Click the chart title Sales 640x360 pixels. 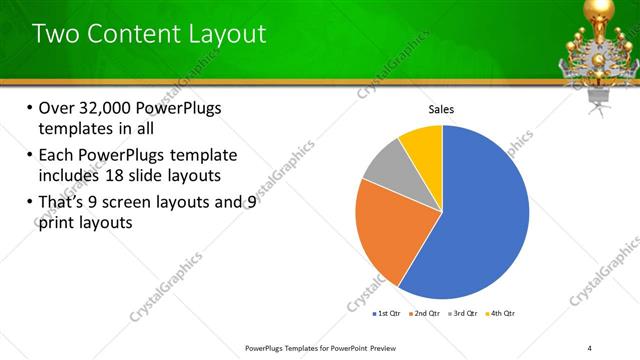[x=442, y=109]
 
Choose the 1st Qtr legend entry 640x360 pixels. [x=386, y=314]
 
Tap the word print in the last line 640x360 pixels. [x=56, y=223]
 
